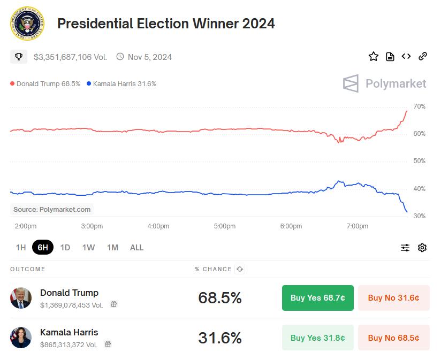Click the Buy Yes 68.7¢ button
pyautogui.click(x=317, y=298)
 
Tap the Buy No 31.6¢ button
pyautogui.click(x=393, y=298)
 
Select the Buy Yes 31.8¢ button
pyautogui.click(x=317, y=338)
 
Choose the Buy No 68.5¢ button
pyautogui.click(x=393, y=338)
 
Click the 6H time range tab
pyautogui.click(x=43, y=247)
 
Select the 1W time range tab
pyautogui.click(x=88, y=247)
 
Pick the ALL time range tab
pyautogui.click(x=136, y=247)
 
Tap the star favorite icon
pyautogui.click(x=374, y=56)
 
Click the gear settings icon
pyautogui.click(x=422, y=247)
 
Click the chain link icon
pyautogui.click(x=422, y=56)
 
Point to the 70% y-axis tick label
pyautogui.click(x=420, y=106)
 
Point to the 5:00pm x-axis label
pyautogui.click(x=225, y=226)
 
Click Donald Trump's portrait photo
pyautogui.click(x=21, y=298)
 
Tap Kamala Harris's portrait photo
pyautogui.click(x=21, y=338)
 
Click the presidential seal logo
pyautogui.click(x=27, y=24)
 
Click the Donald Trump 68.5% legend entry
pyautogui.click(x=45, y=83)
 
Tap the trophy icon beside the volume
pyautogui.click(x=19, y=56)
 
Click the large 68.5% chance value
pyautogui.click(x=219, y=298)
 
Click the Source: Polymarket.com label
pyautogui.click(x=52, y=209)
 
